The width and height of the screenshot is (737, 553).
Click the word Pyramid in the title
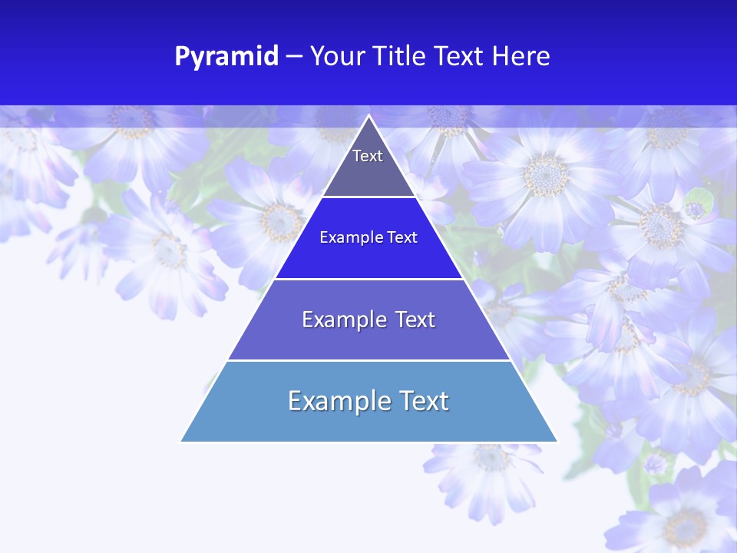coord(226,57)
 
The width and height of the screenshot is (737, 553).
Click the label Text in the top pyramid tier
coord(368,156)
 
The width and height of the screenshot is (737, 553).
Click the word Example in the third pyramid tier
coord(342,320)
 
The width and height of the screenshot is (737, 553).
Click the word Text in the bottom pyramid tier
coord(423,401)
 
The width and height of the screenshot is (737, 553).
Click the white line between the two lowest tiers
coord(368,360)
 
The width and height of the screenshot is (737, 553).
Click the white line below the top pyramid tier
coord(368,197)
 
